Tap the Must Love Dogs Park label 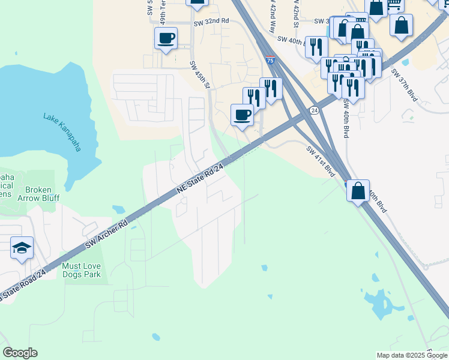(x=82, y=269)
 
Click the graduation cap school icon (x=22, y=248)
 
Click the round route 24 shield (x=314, y=110)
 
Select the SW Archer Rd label (x=107, y=233)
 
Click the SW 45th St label (x=200, y=75)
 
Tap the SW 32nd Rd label (x=211, y=22)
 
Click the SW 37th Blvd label (x=404, y=85)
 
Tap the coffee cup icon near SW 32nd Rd (x=166, y=39)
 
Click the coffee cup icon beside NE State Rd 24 (x=242, y=115)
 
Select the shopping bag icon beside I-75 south (x=358, y=191)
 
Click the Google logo (x=20, y=353)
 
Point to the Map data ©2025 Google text (x=411, y=355)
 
